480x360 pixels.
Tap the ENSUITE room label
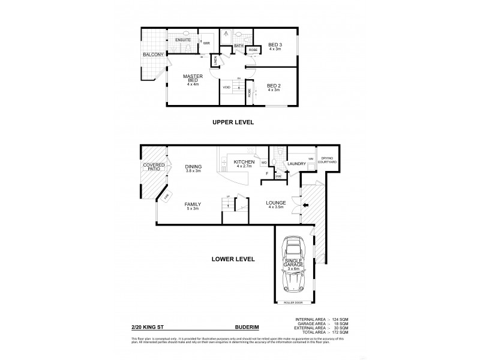tap(182, 40)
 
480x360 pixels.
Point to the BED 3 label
tap(275, 45)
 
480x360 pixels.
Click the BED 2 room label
tap(274, 87)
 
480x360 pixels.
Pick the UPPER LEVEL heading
tap(233, 122)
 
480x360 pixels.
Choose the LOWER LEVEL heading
tap(233, 259)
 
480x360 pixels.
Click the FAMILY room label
tap(193, 204)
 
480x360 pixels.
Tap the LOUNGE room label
tap(275, 203)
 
